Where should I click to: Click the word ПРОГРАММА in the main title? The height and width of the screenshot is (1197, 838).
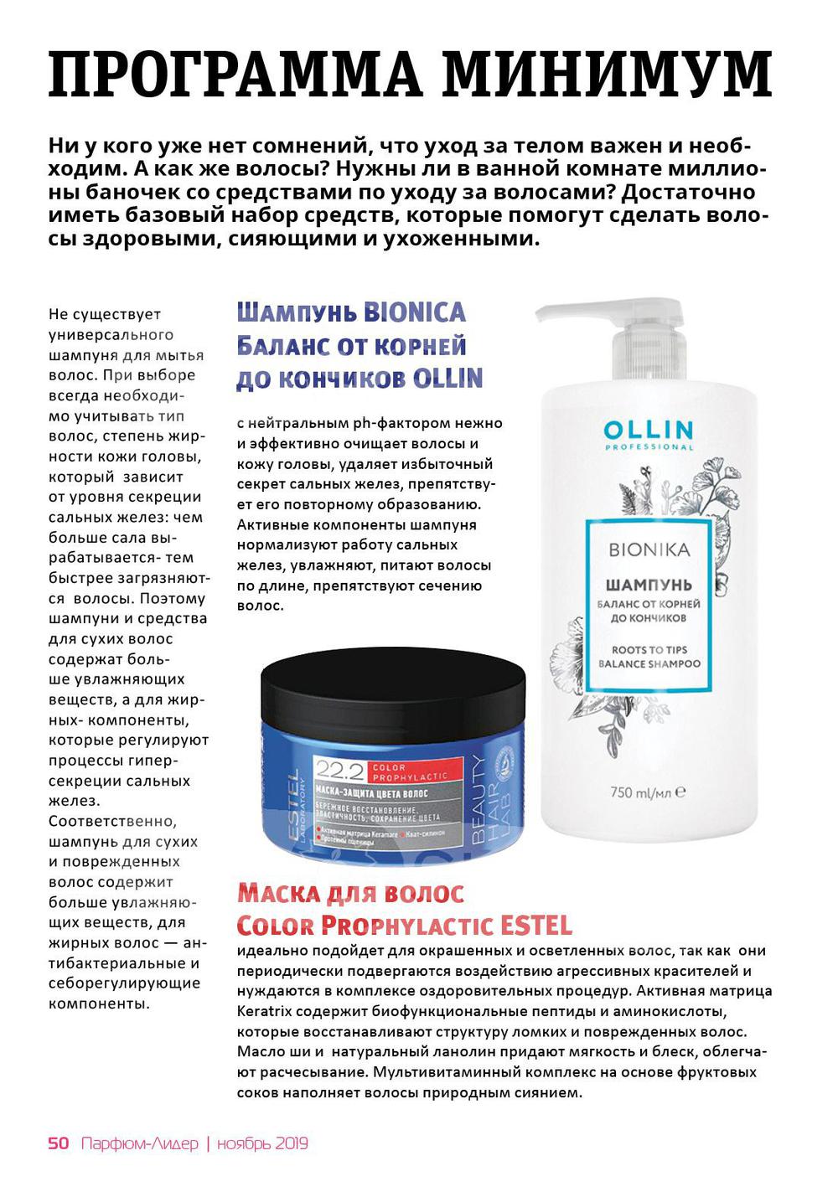(x=235, y=74)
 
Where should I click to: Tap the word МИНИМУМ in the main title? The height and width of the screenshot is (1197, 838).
(x=607, y=74)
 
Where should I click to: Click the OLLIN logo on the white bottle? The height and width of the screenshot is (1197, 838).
(x=649, y=431)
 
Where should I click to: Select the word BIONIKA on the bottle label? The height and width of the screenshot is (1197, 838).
(x=649, y=550)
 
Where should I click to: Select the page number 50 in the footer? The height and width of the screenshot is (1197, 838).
(x=59, y=1143)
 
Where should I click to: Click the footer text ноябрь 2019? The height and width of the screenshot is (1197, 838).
(x=262, y=1143)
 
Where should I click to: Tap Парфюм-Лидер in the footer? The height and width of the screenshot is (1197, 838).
(x=140, y=1143)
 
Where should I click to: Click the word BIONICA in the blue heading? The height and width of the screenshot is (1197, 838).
(x=415, y=313)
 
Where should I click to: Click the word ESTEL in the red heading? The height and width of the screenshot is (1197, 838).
(x=536, y=926)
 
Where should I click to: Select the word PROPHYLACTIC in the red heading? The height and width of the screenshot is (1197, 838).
(x=407, y=926)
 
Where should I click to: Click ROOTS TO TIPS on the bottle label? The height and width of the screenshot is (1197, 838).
(x=649, y=649)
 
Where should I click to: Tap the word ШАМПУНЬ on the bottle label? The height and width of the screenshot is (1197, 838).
(x=649, y=584)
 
